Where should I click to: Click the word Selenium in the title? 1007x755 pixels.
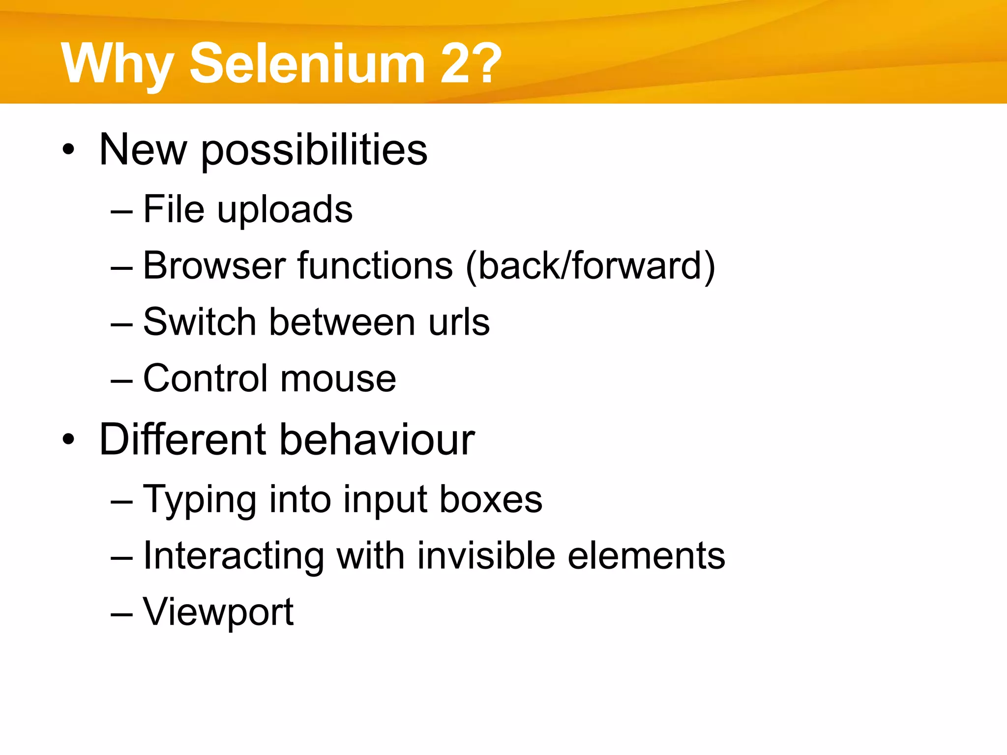(307, 64)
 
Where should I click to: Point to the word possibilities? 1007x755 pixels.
(314, 150)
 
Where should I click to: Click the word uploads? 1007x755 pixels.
(285, 210)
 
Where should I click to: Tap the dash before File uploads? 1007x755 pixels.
(122, 211)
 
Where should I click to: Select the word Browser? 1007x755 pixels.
(214, 265)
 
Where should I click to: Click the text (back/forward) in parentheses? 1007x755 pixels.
(590, 266)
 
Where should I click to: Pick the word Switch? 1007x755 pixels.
(200, 322)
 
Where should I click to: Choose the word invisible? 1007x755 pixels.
(487, 556)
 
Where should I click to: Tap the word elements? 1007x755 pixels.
(646, 556)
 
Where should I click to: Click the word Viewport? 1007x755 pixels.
(218, 612)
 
